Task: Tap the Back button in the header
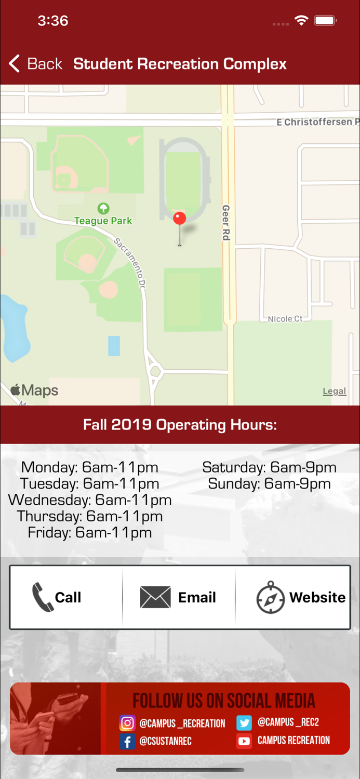(x=35, y=64)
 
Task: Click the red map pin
(x=179, y=219)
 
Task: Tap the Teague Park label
(x=103, y=221)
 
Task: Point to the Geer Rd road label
(x=225, y=222)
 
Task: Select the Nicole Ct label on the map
(x=285, y=319)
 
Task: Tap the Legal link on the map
(x=334, y=392)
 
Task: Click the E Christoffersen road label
(x=317, y=122)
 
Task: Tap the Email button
(x=178, y=597)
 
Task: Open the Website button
(x=301, y=597)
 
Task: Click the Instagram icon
(x=127, y=723)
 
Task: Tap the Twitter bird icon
(x=244, y=722)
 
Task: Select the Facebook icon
(x=127, y=741)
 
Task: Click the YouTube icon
(x=244, y=741)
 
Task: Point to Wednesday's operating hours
(x=90, y=500)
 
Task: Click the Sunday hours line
(x=269, y=484)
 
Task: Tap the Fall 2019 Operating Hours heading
(x=180, y=425)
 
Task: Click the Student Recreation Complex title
(x=180, y=64)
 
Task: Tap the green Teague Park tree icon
(x=103, y=209)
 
